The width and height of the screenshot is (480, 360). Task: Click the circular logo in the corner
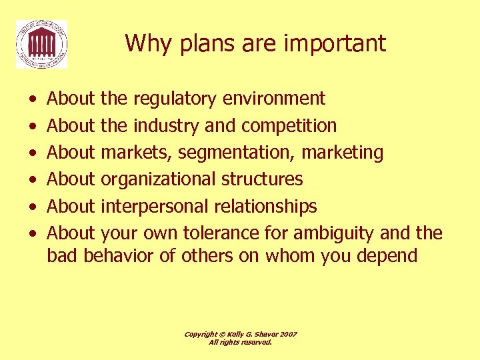coord(42,44)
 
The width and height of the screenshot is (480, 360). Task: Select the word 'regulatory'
coord(175,99)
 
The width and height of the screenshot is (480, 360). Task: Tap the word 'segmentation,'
coord(236,153)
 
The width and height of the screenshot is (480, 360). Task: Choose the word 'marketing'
coord(343,153)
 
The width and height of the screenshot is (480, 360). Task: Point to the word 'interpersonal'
coord(155,207)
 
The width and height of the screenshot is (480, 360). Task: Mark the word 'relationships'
coord(265,207)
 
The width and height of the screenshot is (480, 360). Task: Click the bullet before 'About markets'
coord(33,153)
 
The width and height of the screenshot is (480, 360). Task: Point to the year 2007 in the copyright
coord(287,334)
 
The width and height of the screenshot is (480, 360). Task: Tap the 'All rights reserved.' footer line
coord(240,342)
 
